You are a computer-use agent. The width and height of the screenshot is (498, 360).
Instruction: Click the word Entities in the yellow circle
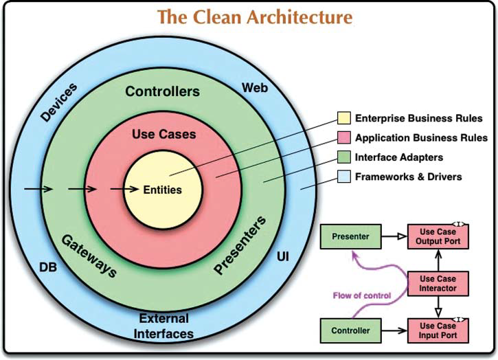[x=163, y=190]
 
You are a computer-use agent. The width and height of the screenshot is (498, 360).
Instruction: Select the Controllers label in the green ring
[x=163, y=91]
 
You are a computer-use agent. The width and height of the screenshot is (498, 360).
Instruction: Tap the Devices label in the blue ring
[x=58, y=103]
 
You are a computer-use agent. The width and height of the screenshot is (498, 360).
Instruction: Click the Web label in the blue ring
[x=254, y=88]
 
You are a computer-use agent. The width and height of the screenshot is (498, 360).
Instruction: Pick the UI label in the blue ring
[x=282, y=256]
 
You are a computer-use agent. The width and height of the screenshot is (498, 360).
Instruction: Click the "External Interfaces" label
[x=166, y=326]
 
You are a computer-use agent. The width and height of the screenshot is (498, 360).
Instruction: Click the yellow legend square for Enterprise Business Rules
[x=344, y=119]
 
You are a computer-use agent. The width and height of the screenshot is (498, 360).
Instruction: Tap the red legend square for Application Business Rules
[x=344, y=138]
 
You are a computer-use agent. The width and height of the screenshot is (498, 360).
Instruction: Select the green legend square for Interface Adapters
[x=344, y=157]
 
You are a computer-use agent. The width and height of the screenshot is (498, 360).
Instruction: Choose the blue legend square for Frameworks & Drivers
[x=344, y=177]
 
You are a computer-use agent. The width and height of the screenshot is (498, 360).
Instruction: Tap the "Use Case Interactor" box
[x=438, y=283]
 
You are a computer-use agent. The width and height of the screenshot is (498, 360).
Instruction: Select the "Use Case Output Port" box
[x=438, y=237]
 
